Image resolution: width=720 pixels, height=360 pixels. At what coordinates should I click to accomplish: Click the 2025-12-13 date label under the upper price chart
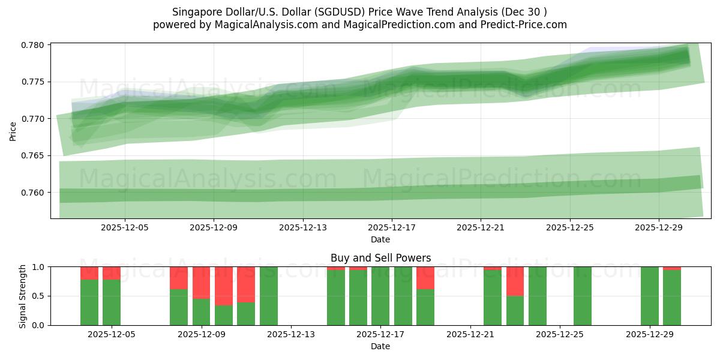point(303,227)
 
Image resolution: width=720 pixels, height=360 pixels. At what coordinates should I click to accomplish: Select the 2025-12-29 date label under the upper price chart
point(659,227)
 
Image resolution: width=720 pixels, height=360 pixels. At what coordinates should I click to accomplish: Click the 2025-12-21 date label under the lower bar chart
point(470,334)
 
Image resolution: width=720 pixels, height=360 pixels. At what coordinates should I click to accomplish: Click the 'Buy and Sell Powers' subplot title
point(380,258)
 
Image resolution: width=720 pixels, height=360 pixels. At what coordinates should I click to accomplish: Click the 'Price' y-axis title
point(13,131)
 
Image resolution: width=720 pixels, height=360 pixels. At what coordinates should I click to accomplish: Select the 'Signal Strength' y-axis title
point(23,296)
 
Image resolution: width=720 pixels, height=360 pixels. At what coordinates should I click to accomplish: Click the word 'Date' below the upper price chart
point(380,239)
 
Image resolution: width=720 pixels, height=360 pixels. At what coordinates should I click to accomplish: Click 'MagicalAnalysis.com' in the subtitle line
point(266,25)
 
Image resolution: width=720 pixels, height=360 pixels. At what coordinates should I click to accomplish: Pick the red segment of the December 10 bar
point(246,284)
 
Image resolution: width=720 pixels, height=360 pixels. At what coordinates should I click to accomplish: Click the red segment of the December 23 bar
point(515,281)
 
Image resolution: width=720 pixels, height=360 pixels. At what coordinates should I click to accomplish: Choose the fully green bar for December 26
point(582,296)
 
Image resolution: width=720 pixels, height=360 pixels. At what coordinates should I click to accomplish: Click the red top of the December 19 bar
point(425,278)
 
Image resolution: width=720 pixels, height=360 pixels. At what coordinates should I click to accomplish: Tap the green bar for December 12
point(269,296)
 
